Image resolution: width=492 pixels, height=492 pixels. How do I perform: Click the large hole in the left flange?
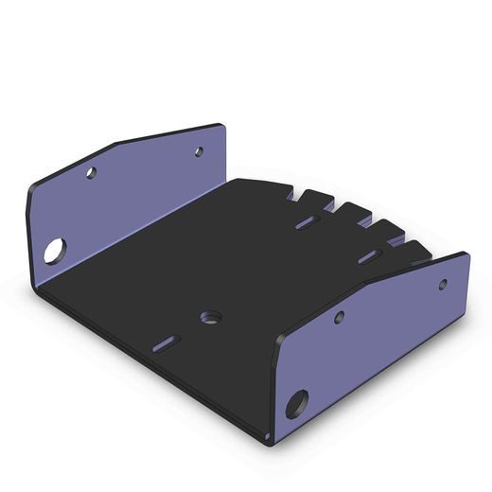click(x=54, y=251)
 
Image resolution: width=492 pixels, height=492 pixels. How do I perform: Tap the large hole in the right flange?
click(x=298, y=404)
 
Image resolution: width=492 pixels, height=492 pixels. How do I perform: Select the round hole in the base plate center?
click(x=209, y=315)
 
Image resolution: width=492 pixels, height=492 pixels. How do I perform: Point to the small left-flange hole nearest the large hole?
click(x=91, y=173)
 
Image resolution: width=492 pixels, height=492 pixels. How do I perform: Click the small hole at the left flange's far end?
click(x=199, y=150)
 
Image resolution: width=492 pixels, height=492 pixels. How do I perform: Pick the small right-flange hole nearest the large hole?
click(x=339, y=318)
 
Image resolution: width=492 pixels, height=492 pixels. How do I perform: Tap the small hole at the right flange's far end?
click(x=442, y=283)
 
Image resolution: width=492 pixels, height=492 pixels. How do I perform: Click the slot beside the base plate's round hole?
click(x=168, y=342)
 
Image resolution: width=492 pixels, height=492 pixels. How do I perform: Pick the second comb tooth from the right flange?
click(x=387, y=230)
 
